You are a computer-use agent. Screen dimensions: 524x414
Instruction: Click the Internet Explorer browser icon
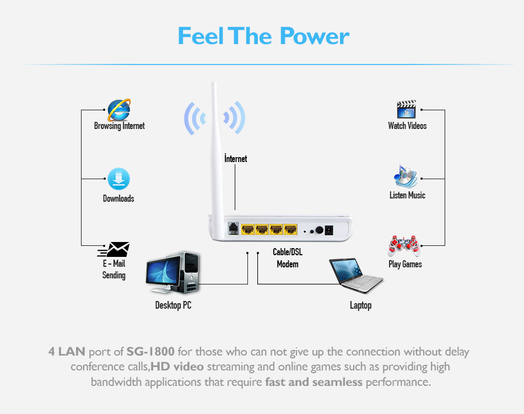pyautogui.click(x=119, y=110)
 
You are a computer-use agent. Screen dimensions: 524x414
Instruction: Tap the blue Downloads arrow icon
pyautogui.click(x=118, y=179)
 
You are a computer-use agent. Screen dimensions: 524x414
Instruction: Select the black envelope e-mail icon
pyautogui.click(x=114, y=250)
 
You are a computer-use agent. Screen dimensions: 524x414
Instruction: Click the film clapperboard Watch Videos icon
pyautogui.click(x=407, y=109)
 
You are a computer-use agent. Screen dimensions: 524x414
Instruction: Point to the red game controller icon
pyautogui.click(x=404, y=246)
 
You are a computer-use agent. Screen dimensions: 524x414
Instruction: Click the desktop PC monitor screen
pyautogui.click(x=163, y=272)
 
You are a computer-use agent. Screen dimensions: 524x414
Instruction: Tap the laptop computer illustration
pyautogui.click(x=356, y=275)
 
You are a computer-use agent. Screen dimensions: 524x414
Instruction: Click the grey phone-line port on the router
pyautogui.click(x=233, y=229)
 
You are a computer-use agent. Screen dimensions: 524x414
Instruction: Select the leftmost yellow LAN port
pyautogui.click(x=247, y=229)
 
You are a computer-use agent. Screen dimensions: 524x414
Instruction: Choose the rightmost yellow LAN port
pyautogui.click(x=290, y=229)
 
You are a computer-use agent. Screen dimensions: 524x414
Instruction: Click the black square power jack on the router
pyautogui.click(x=329, y=230)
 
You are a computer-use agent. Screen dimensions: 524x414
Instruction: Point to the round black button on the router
pyautogui.click(x=320, y=230)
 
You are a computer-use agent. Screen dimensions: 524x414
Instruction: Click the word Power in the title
pyautogui.click(x=315, y=36)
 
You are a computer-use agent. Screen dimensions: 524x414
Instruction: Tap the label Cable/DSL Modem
pyautogui.click(x=288, y=258)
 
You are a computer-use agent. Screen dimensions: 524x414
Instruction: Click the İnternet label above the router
pyautogui.click(x=236, y=159)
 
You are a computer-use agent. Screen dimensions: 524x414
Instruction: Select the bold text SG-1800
pyautogui.click(x=150, y=352)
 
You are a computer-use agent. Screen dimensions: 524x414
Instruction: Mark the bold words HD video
pyautogui.click(x=177, y=367)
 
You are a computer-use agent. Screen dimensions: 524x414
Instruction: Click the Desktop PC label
pyautogui.click(x=173, y=305)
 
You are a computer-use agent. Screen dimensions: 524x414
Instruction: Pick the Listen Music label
pyautogui.click(x=407, y=195)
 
